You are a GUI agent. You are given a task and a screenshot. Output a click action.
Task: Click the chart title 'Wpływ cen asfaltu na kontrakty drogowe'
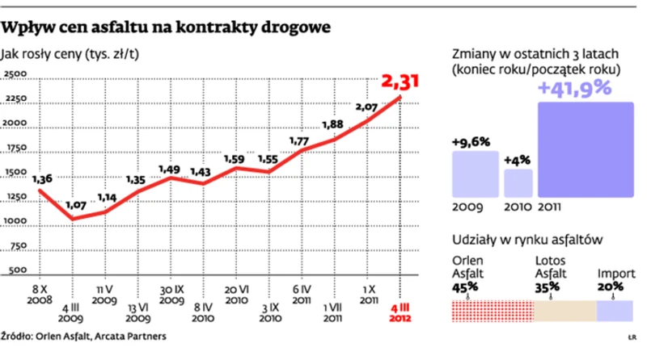166,27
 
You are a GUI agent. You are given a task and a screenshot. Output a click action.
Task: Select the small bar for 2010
518,183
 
